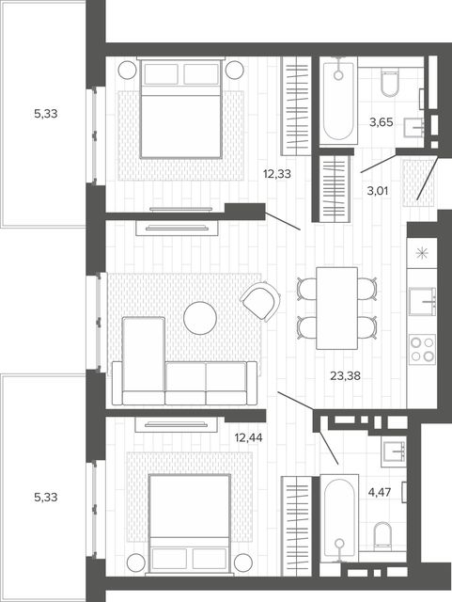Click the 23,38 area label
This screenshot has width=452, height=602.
[x=345, y=376]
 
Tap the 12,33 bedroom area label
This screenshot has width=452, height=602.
[x=276, y=174]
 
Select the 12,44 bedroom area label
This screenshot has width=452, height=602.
[x=248, y=437]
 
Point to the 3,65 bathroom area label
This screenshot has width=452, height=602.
[x=381, y=122]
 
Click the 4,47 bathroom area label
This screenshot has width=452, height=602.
[x=379, y=492]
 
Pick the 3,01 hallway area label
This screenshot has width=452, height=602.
[x=378, y=191]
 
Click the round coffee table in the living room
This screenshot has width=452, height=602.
[x=200, y=318]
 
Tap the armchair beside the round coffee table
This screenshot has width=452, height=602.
[x=260, y=301]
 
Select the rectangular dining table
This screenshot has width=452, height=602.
[x=337, y=309]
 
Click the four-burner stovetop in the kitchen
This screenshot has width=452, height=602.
[x=423, y=349]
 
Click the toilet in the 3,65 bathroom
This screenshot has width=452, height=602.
[x=390, y=82]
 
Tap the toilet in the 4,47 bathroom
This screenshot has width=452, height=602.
[x=382, y=535]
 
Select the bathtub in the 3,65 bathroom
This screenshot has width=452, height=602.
[x=338, y=101]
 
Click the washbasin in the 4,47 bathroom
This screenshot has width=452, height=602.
[x=394, y=451]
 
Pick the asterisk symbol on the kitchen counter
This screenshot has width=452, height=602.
[x=422, y=253]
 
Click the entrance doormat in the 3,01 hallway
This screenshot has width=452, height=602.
[x=418, y=183]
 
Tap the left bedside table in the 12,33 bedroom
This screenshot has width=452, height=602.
[x=128, y=70]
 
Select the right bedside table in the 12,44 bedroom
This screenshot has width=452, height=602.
[x=243, y=562]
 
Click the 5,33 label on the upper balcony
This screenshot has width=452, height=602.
[x=46, y=114]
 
